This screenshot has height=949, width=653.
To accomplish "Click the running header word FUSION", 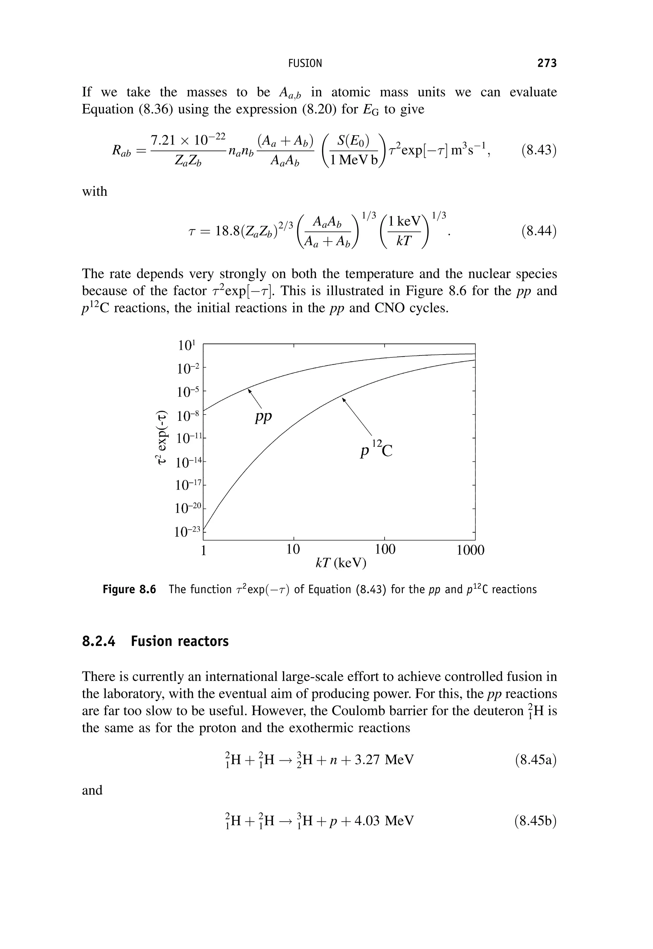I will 305,63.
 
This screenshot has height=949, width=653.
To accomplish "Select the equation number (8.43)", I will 539,150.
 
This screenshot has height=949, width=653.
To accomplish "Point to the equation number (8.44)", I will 539,231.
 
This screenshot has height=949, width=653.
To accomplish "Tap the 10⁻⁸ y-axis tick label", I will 188,416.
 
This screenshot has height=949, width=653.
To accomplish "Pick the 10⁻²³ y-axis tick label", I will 187,532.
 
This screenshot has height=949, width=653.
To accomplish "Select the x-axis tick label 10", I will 293,549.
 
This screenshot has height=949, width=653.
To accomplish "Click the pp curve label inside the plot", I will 263,417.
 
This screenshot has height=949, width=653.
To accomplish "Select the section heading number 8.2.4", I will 99,641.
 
